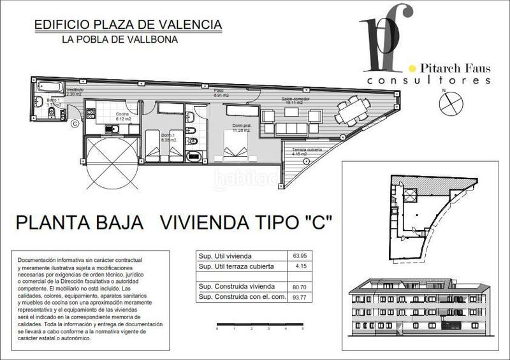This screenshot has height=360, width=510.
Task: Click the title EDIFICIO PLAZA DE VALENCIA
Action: point(127,25)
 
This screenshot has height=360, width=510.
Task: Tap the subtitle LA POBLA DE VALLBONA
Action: point(120,40)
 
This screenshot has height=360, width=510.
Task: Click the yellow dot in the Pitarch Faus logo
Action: point(412,68)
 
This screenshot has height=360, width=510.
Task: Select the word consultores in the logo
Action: point(428,81)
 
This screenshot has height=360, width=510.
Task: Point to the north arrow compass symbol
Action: point(450,101)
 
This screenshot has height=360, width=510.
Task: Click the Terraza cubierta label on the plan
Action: point(307,151)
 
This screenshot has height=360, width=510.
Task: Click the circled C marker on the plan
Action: point(75,123)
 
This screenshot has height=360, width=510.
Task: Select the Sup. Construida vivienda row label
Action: point(236,287)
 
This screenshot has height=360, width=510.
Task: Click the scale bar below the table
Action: point(260,325)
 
